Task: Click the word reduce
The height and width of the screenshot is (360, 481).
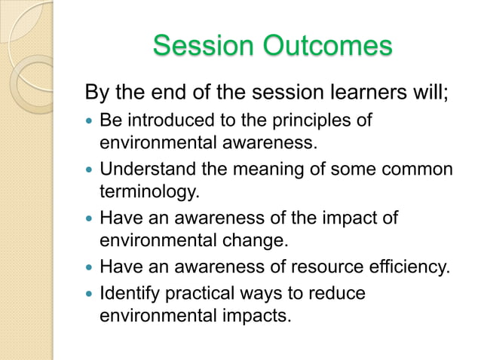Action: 341,291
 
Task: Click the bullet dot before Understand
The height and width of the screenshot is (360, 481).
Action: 90,170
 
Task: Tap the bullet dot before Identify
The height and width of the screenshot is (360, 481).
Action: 90,292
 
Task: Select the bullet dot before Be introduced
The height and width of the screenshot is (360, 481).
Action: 90,121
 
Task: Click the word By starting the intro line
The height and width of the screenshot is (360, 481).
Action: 97,95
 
